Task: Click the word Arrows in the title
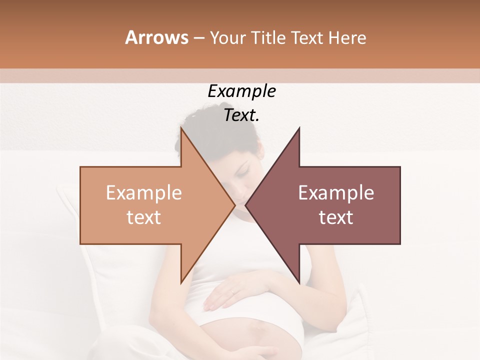click(x=156, y=37)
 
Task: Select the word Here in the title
click(x=347, y=38)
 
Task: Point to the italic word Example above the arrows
click(x=241, y=91)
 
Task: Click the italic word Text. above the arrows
click(x=241, y=115)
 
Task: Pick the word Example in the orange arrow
click(x=143, y=193)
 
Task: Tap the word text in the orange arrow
click(x=143, y=217)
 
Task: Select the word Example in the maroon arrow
click(x=336, y=193)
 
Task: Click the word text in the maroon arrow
click(x=336, y=217)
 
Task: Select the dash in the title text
click(x=198, y=38)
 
